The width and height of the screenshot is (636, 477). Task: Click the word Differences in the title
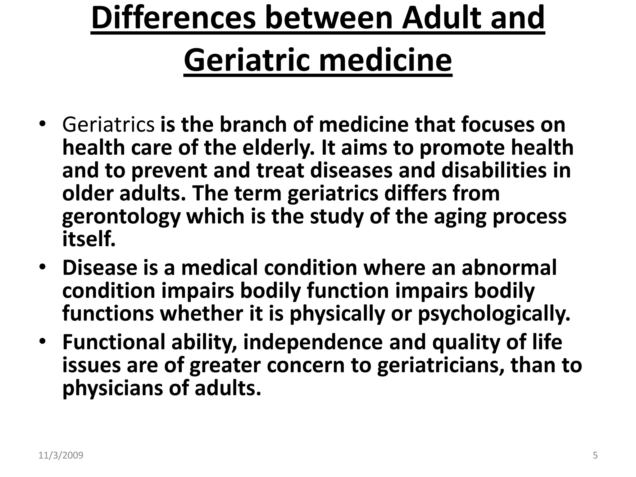(x=174, y=18)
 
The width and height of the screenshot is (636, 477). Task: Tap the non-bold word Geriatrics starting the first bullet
(x=108, y=125)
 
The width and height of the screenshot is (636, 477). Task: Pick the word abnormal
(x=509, y=268)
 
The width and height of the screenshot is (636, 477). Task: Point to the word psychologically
(x=494, y=314)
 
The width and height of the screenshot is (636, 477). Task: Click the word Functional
(x=114, y=342)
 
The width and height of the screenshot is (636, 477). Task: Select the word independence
(x=313, y=342)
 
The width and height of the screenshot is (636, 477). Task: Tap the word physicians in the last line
(x=112, y=388)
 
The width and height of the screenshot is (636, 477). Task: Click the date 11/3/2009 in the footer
(x=61, y=456)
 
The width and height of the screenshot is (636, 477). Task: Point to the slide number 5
(x=595, y=456)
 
